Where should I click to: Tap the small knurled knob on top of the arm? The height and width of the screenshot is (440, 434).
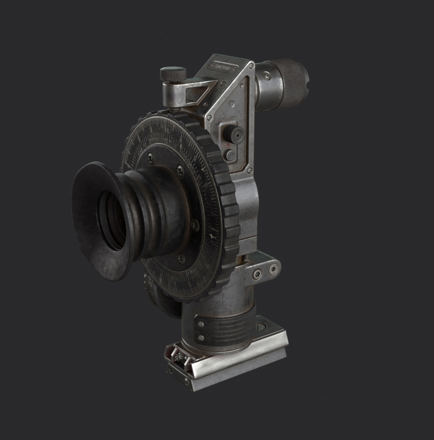pyautogui.click(x=172, y=74)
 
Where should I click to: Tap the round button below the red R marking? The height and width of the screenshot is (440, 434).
pyautogui.click(x=229, y=155)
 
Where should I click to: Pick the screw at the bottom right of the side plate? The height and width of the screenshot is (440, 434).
pyautogui.click(x=249, y=170)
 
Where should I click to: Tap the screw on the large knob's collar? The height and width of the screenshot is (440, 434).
pyautogui.click(x=265, y=76)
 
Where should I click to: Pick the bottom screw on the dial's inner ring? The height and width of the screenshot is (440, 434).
pyautogui.click(x=180, y=259)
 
